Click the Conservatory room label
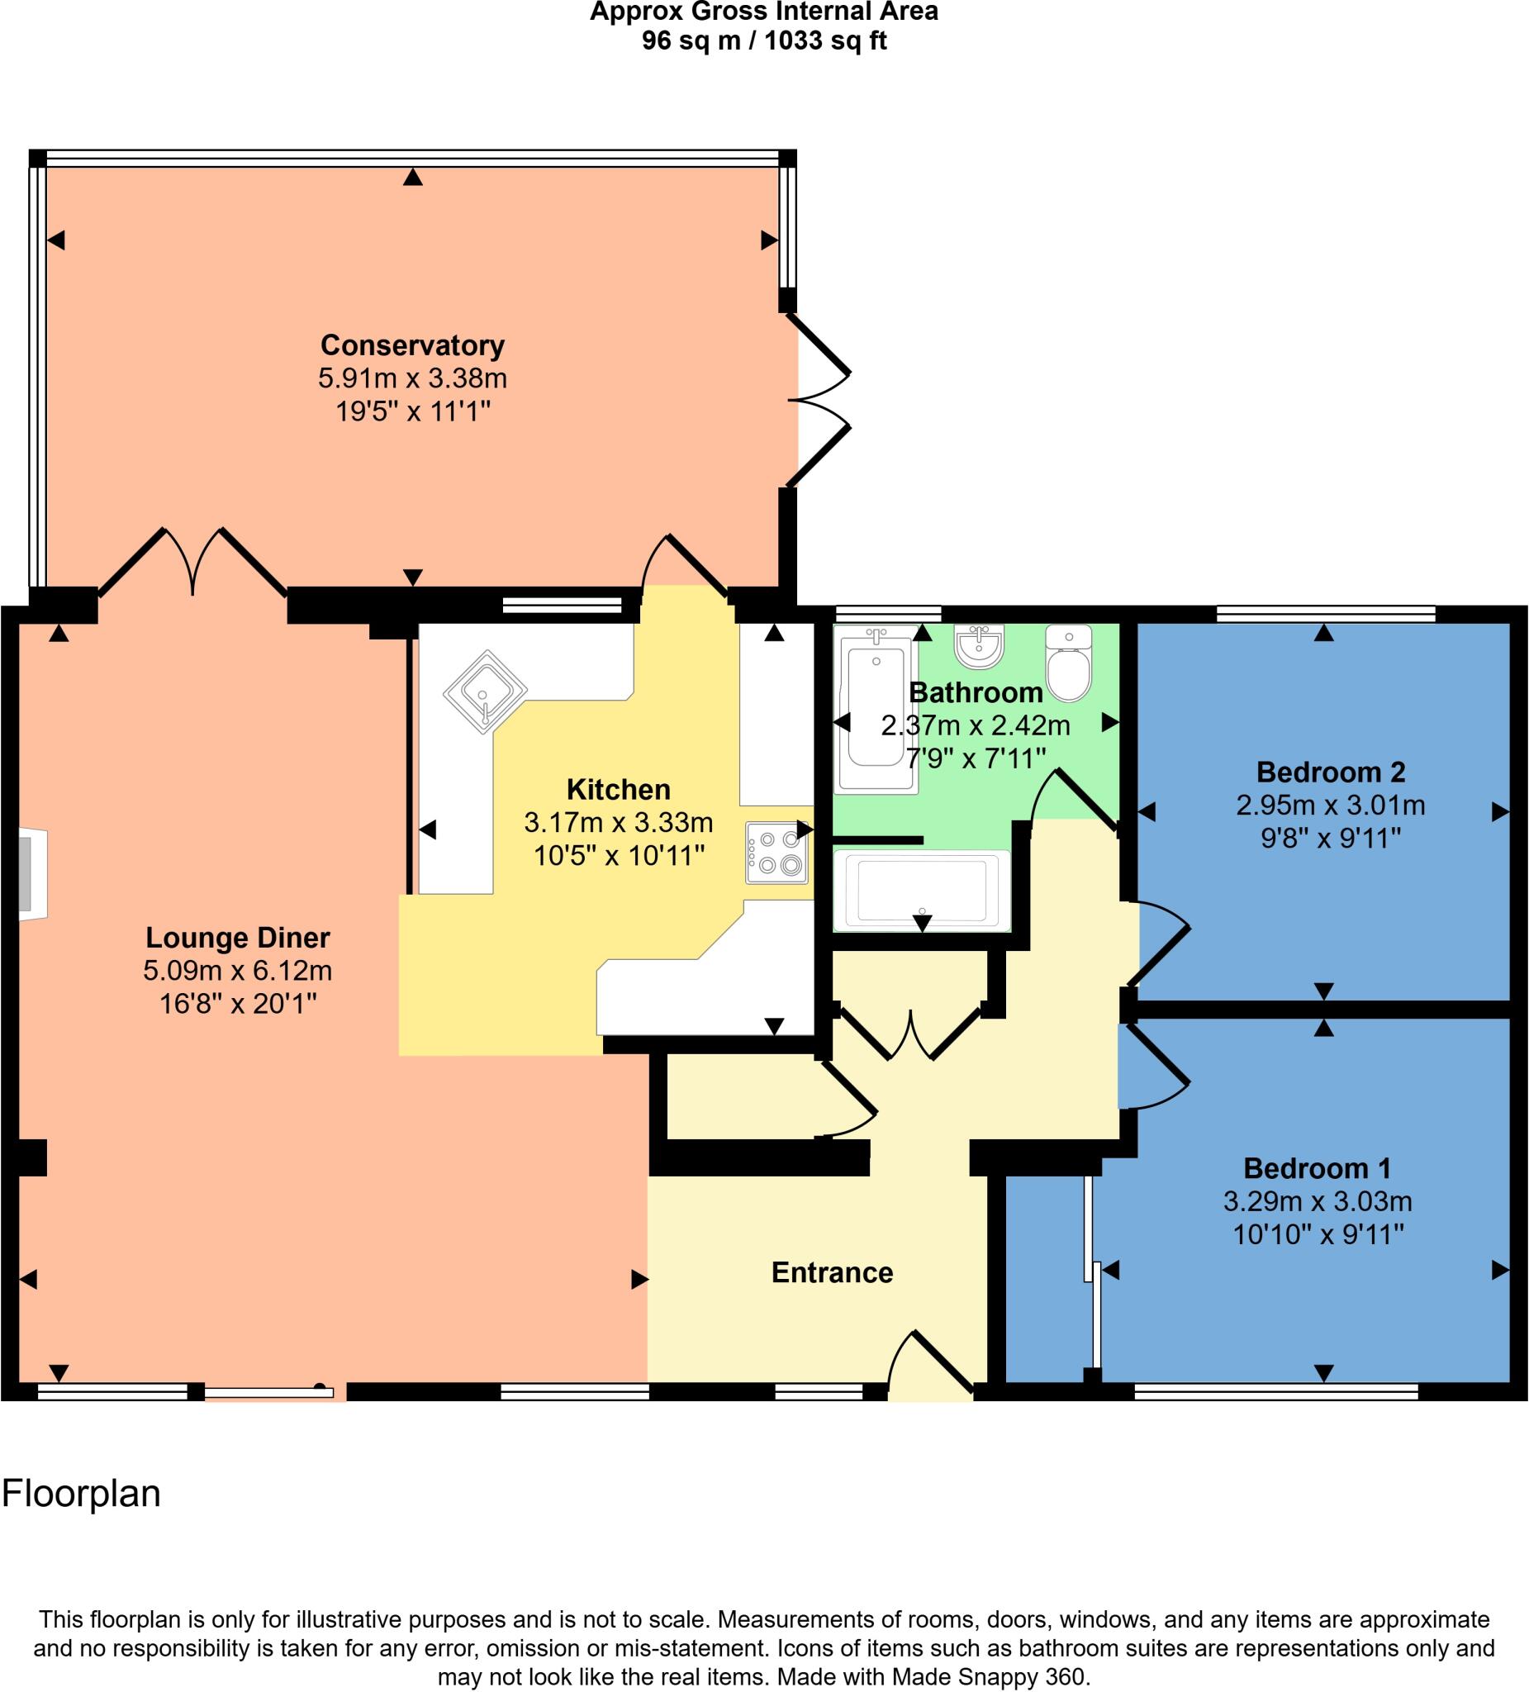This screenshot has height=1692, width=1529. tap(412, 345)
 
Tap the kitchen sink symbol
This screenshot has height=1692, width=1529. tap(484, 693)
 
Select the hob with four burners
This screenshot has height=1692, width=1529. tap(777, 852)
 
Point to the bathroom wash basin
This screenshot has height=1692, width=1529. tap(979, 645)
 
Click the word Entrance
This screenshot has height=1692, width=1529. tap(832, 1272)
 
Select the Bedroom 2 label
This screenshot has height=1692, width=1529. tap(1330, 772)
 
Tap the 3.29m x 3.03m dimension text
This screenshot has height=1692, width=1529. tap(1317, 1201)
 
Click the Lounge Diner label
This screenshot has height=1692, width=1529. tap(238, 937)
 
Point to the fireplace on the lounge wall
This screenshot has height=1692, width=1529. tap(32, 874)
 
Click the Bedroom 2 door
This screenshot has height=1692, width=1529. tap(1158, 942)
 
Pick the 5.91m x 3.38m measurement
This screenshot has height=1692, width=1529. tap(412, 378)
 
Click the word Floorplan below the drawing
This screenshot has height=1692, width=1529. tap(82, 1493)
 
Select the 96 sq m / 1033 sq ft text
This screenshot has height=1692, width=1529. tap(763, 40)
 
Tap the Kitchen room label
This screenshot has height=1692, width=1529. tap(619, 789)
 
